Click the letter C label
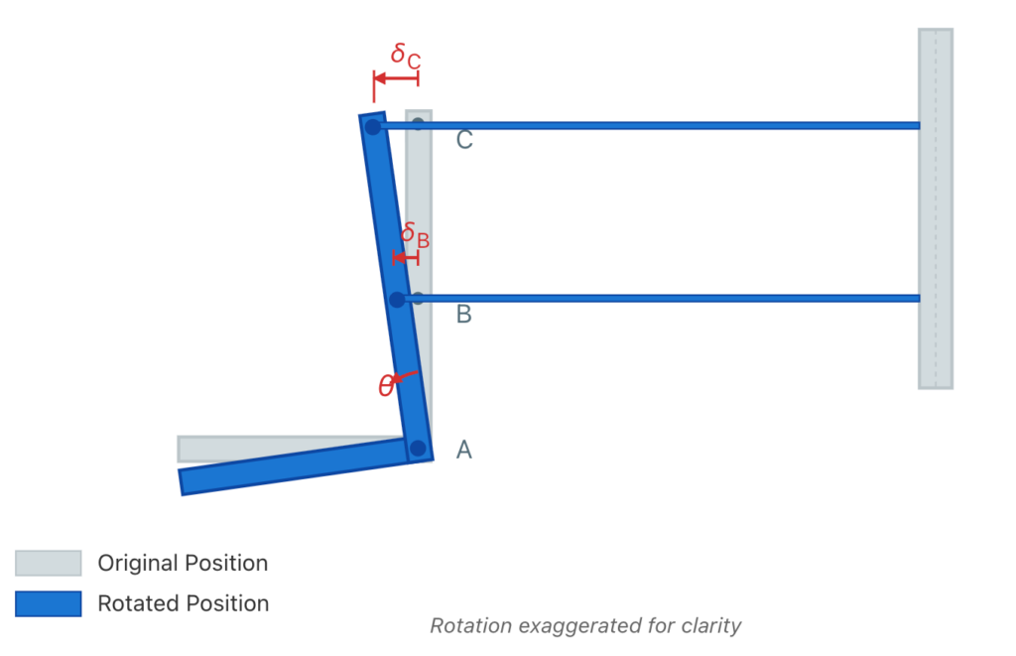tap(464, 140)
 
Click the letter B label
tap(464, 315)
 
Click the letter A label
tap(464, 450)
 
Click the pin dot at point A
tap(418, 448)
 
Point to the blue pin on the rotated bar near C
tap(372, 127)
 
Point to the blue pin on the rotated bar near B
tap(397, 299)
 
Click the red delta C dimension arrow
tap(396, 77)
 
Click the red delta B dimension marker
tap(406, 258)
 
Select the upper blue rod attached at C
tap(655, 126)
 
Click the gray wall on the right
tap(935, 208)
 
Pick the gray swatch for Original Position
tap(48, 563)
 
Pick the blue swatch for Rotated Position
tap(48, 603)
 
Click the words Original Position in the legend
tap(183, 563)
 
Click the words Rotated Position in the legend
tap(183, 603)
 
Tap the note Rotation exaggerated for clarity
tap(585, 626)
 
